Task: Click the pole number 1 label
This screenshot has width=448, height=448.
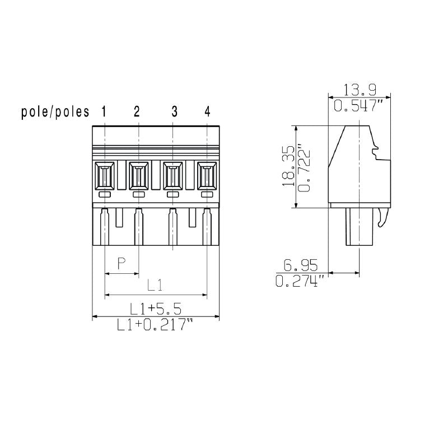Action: [x=104, y=111]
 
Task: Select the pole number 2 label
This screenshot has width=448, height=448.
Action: [x=137, y=111]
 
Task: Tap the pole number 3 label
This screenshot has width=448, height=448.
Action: [x=174, y=111]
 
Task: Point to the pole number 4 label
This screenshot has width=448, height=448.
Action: [x=207, y=111]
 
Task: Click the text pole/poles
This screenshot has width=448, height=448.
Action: [x=55, y=112]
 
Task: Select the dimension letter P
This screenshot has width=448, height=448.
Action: [x=122, y=264]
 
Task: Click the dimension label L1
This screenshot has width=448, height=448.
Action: [x=155, y=285]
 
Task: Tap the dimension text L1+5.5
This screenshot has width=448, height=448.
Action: [x=155, y=309]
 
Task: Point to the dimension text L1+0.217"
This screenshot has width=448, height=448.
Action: [x=155, y=325]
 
